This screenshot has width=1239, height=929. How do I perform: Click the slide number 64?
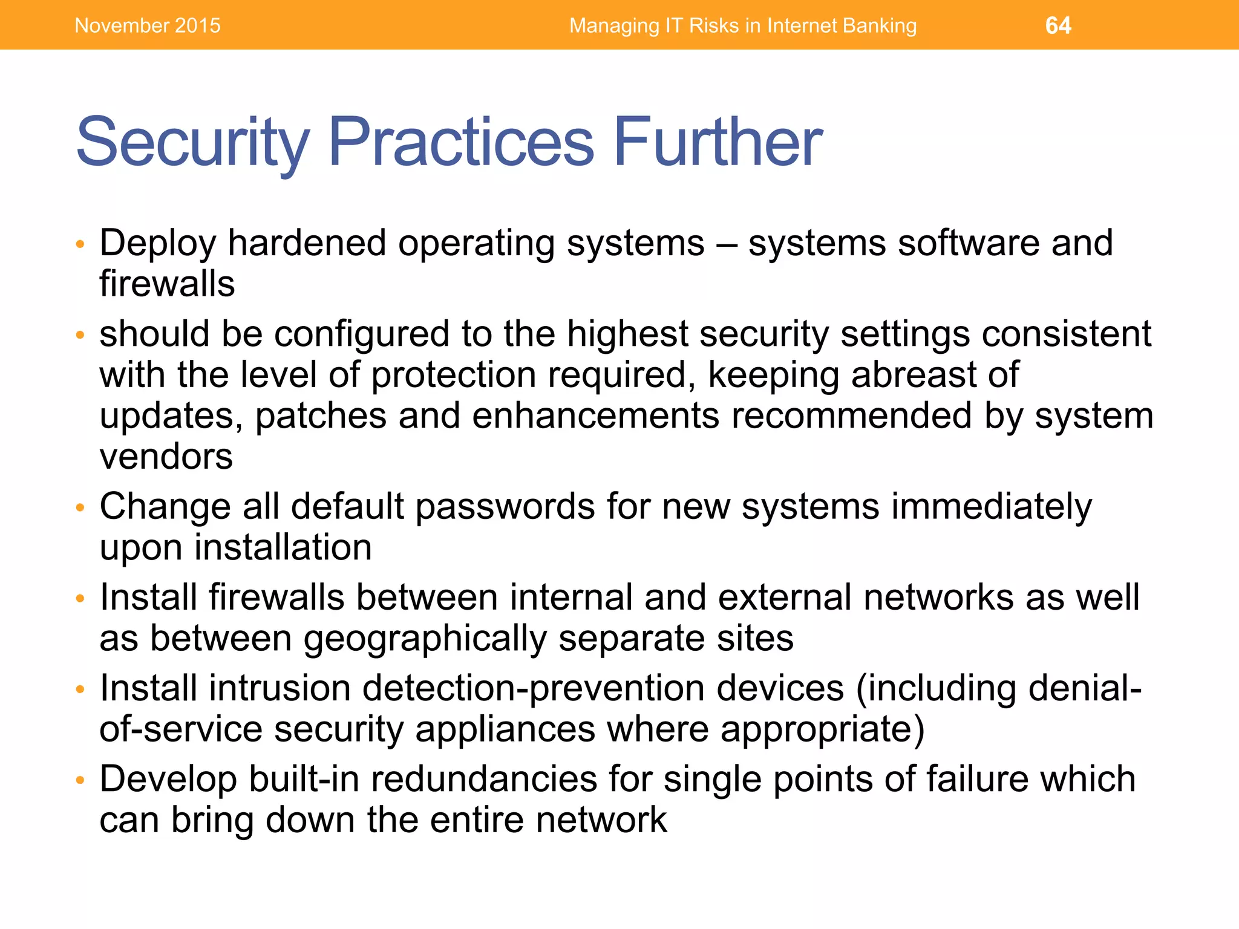click(x=1058, y=25)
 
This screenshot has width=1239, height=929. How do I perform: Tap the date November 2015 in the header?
click(x=148, y=25)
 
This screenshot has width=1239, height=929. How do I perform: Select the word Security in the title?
click(x=192, y=142)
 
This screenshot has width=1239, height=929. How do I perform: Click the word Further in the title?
click(x=718, y=142)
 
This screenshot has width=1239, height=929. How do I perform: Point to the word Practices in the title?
click(x=461, y=142)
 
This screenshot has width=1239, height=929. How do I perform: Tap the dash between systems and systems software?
click(x=726, y=244)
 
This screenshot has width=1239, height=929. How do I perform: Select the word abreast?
click(x=914, y=375)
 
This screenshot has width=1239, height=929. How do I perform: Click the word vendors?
click(x=166, y=457)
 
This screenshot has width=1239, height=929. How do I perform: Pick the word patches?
click(x=321, y=416)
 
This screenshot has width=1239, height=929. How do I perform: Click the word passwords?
click(x=505, y=507)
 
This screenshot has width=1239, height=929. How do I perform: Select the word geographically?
click(x=425, y=639)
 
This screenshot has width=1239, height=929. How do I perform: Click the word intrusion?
click(x=280, y=688)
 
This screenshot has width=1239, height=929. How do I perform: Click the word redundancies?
click(x=484, y=779)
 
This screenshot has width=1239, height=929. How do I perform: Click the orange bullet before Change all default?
click(x=79, y=508)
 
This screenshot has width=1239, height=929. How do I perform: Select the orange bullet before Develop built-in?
click(x=79, y=780)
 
